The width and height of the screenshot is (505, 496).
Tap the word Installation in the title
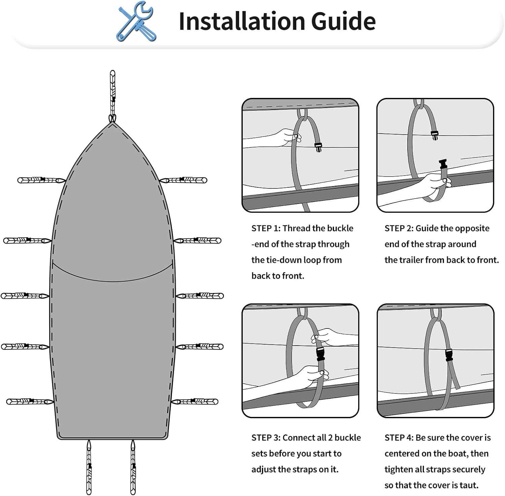click(241, 21)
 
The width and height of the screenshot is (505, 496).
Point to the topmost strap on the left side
click(41, 180)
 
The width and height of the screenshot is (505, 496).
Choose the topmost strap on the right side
click(183, 180)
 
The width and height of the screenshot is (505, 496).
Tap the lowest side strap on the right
click(195, 401)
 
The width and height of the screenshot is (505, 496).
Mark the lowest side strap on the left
click(30, 401)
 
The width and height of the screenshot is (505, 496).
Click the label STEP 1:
click(266, 228)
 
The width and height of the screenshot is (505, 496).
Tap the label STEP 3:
click(266, 437)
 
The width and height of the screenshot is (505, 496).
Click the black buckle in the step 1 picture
click(318, 147)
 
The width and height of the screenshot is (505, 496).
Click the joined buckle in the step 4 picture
click(449, 355)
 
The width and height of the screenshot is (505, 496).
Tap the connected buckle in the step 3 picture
click(321, 354)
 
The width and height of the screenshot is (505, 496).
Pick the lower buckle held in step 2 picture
click(443, 165)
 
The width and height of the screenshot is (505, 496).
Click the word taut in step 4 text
click(469, 485)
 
